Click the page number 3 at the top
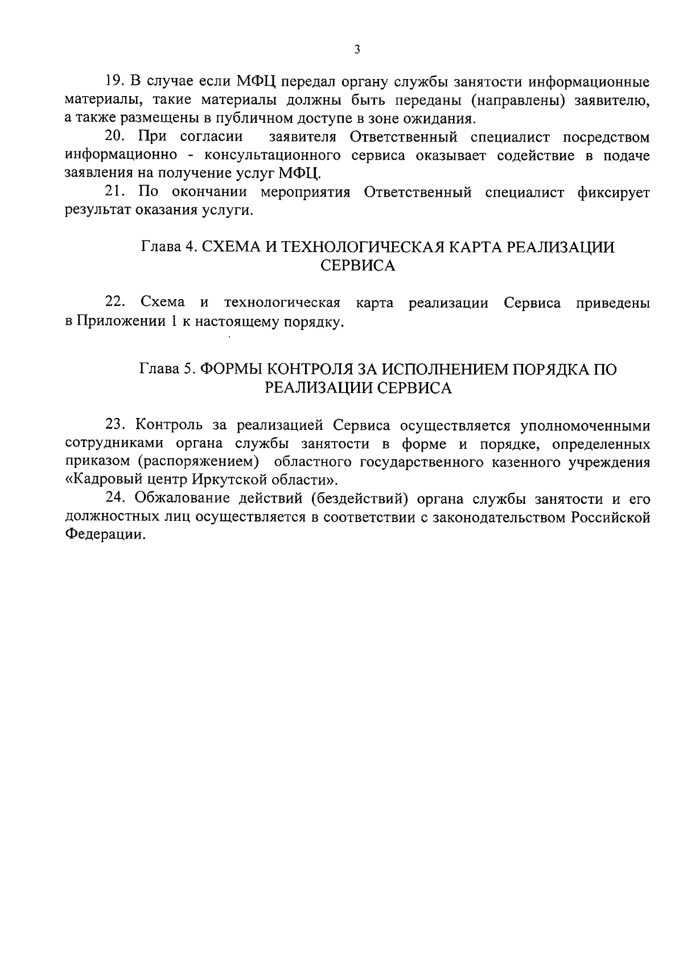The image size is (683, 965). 357,49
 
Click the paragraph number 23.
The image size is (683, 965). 115,425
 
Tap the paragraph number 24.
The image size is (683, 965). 115,499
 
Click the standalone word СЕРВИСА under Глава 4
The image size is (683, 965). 358,266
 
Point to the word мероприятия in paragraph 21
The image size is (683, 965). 305,192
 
